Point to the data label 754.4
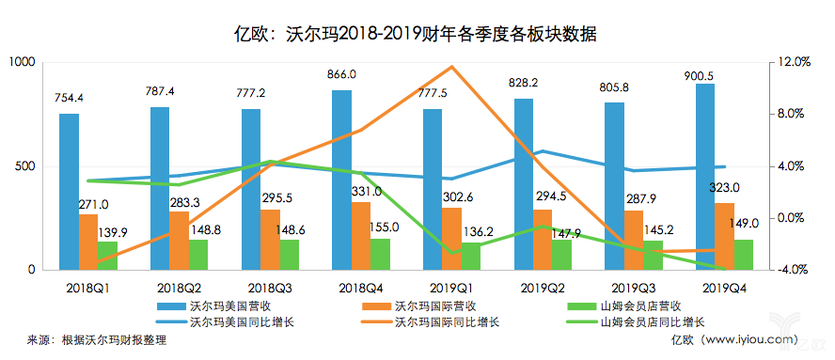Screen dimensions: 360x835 (x=70, y=98)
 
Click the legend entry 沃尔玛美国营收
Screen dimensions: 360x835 (x=231, y=306)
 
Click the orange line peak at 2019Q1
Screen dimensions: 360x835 (x=452, y=67)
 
